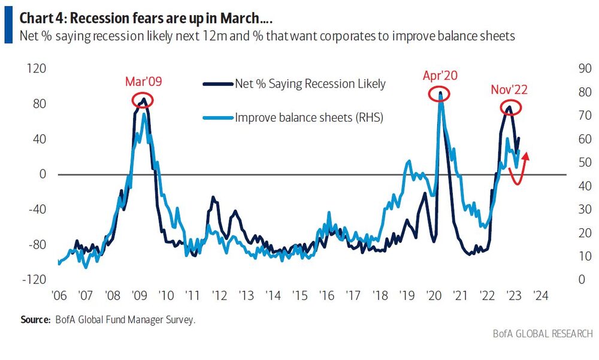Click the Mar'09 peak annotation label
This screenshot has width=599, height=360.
[142, 81]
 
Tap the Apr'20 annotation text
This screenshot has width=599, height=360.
[440, 76]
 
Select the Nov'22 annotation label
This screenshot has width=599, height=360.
[510, 91]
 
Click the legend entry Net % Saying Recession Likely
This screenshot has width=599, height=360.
[310, 83]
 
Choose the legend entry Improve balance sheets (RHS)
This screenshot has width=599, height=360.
[308, 118]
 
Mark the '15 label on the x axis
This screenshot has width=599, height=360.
[299, 296]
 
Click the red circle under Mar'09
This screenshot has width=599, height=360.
[143, 99]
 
